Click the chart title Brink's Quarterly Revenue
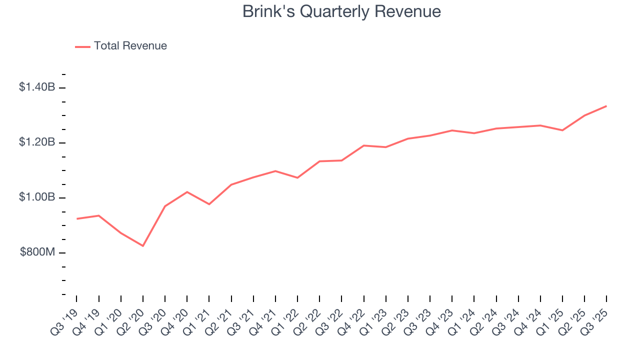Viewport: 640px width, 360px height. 341,11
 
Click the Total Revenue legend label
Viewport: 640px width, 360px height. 130,46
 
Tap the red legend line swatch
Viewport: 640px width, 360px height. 82,46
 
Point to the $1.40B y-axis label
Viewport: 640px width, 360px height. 37,87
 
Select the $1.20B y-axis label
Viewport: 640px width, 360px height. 37,142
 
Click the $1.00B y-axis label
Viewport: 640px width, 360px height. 37,197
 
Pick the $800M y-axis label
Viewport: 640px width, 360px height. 37,252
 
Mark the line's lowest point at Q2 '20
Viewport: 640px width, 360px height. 143,246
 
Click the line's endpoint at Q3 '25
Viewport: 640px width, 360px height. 606,106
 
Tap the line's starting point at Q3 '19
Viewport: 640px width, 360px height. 76,219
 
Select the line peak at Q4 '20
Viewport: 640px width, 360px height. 187,192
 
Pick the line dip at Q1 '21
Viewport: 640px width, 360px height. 209,204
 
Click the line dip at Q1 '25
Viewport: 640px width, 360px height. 562,130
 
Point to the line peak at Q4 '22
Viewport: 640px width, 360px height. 363,145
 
